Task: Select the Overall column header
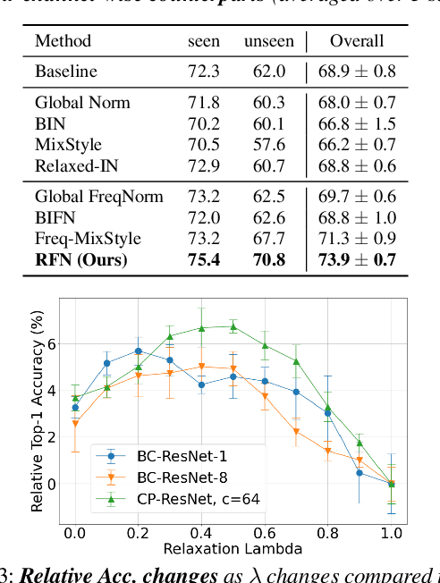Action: pyautogui.click(x=357, y=40)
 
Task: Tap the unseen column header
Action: pyautogui.click(x=269, y=40)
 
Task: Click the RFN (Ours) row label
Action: pyautogui.click(x=82, y=260)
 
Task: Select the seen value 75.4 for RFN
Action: pyautogui.click(x=203, y=260)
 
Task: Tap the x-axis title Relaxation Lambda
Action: pyautogui.click(x=233, y=547)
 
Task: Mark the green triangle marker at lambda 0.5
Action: pyautogui.click(x=233, y=327)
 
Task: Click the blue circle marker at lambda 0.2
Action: pyautogui.click(x=139, y=351)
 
